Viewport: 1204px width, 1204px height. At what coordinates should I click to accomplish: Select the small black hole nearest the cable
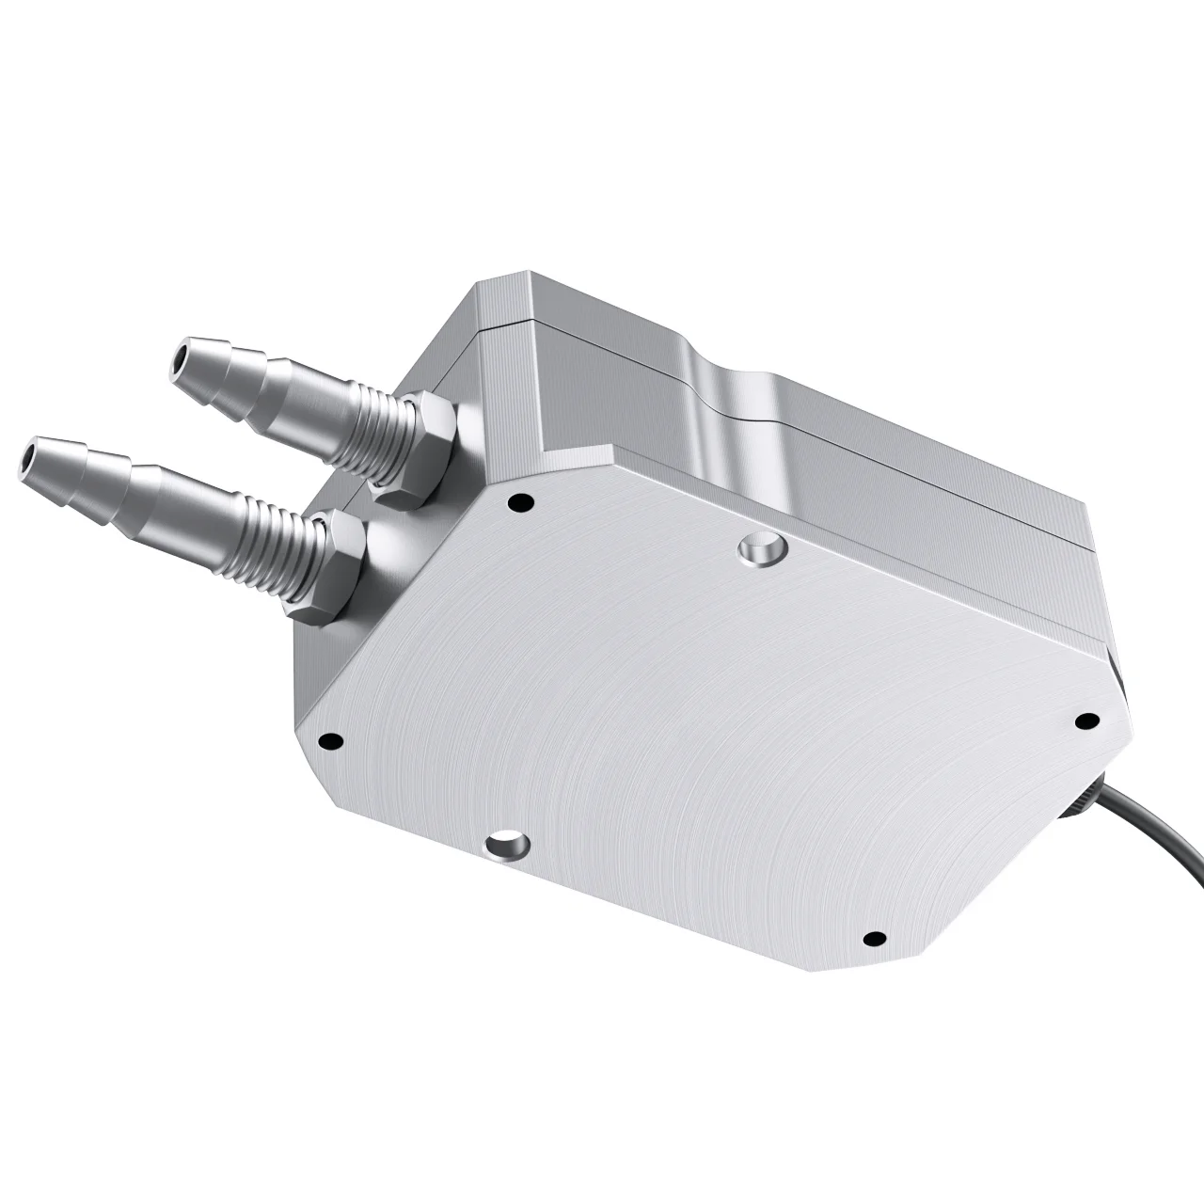click(x=1086, y=721)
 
